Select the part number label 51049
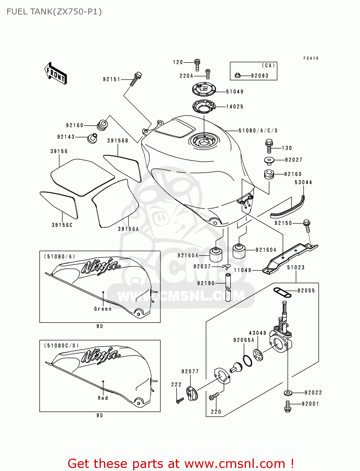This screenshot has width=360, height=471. [x=235, y=92]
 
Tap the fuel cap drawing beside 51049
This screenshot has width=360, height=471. [x=204, y=89]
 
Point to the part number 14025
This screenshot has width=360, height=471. [x=235, y=107]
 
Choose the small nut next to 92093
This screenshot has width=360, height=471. [x=237, y=76]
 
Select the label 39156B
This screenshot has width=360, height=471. [x=117, y=141]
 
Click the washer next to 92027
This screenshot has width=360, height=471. [x=269, y=160]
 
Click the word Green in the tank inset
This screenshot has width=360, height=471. [x=103, y=309]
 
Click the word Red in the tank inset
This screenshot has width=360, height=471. [x=103, y=398]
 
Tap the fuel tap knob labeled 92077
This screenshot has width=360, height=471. [x=192, y=394]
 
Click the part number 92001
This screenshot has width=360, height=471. [x=310, y=404]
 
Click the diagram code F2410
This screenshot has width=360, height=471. [x=311, y=58]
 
